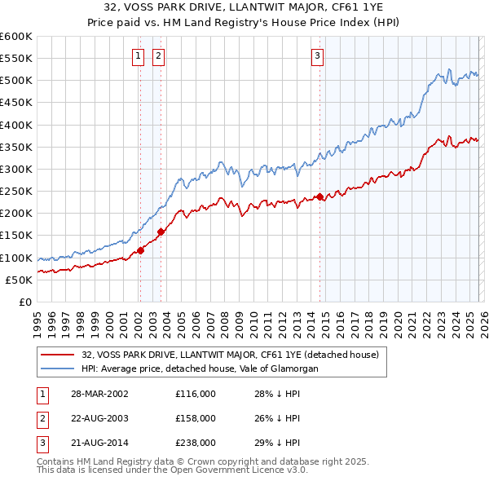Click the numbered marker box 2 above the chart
(157, 56)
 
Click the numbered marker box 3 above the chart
(316, 56)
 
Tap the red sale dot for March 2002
(140, 250)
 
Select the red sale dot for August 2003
(161, 232)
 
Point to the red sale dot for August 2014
(320, 196)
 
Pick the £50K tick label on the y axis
(19, 280)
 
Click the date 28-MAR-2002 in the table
(99, 393)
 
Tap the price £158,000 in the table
(196, 418)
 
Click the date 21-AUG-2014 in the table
(99, 443)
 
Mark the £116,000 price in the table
(196, 393)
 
